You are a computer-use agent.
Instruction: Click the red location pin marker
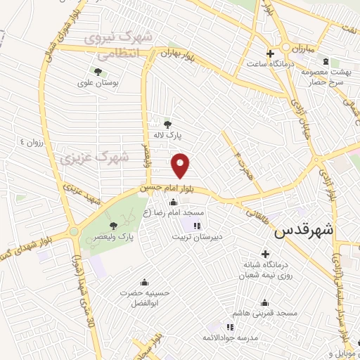[181, 165]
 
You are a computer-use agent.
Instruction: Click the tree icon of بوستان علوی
[97, 72]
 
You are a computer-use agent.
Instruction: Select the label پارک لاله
[168, 135]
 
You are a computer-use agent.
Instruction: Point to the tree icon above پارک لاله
[167, 124]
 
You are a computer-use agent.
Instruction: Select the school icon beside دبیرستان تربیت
[196, 226]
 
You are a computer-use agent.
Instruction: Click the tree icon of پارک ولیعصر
[114, 225]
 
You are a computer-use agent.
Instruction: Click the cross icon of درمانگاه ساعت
[269, 54]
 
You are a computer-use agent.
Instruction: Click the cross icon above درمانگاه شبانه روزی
[265, 253]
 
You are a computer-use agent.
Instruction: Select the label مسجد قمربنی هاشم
[269, 311]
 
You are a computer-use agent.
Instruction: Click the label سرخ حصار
[329, 82]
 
